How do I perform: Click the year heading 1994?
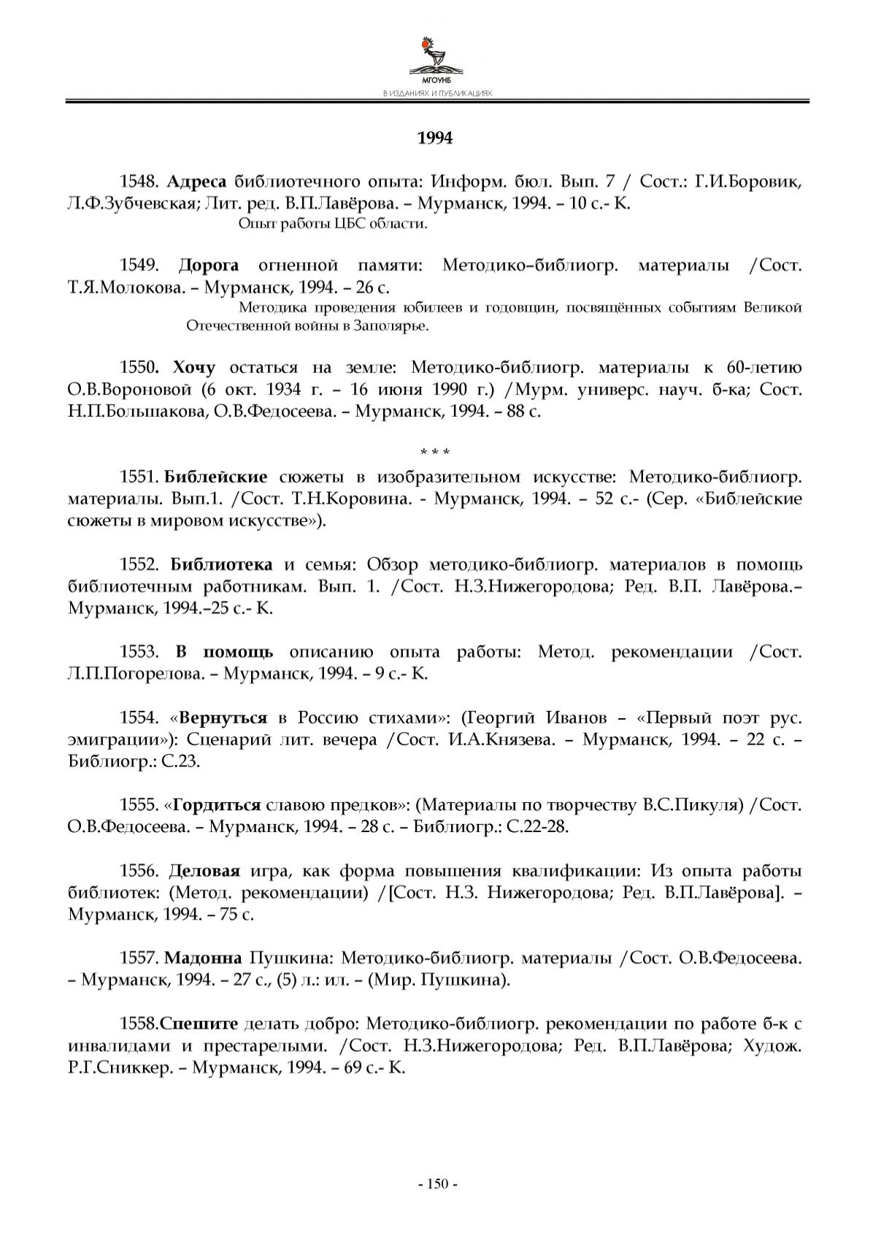(435, 139)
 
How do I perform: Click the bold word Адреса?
(197, 182)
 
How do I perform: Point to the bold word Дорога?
(209, 265)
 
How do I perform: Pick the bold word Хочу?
(195, 367)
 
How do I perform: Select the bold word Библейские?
(216, 478)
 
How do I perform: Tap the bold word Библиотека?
(222, 565)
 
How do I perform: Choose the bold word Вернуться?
(224, 717)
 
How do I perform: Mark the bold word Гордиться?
(217, 805)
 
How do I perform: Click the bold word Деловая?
(205, 871)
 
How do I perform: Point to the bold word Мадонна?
(204, 958)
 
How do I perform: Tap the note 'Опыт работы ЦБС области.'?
(333, 224)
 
